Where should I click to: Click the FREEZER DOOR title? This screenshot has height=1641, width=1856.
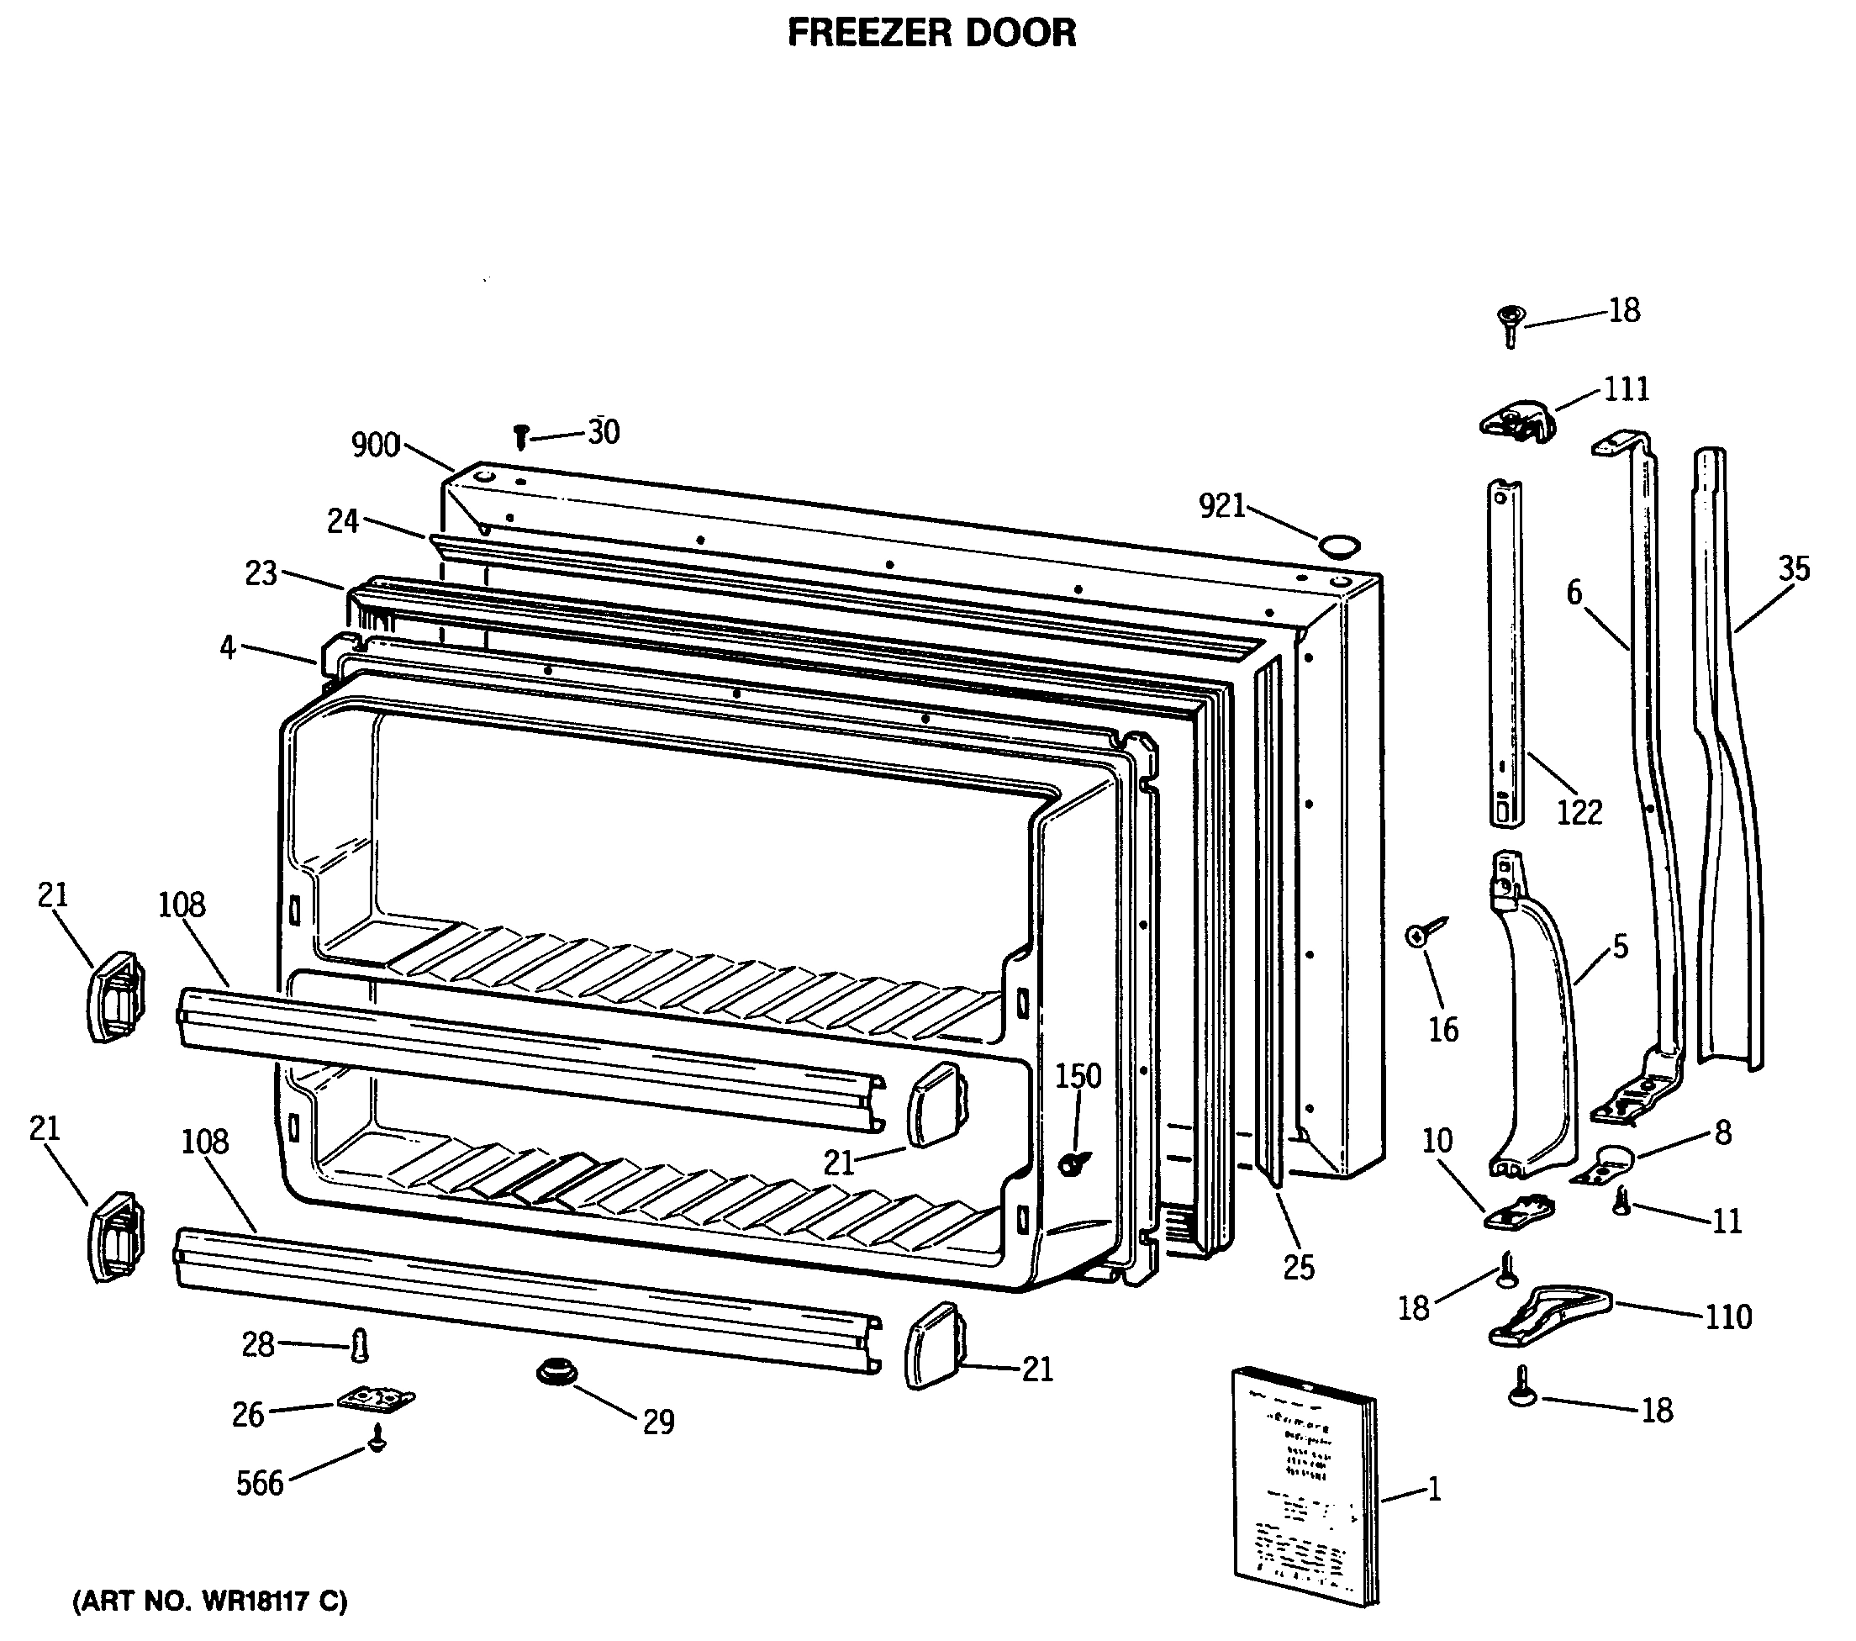coord(931,34)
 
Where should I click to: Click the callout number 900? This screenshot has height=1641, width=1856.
coord(375,445)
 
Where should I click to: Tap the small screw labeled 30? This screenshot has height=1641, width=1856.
coord(521,437)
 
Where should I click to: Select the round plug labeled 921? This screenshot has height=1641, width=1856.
coord(1340,546)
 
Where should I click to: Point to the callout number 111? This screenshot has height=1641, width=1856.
coord(1626,389)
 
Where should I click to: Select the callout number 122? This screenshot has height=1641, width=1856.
coord(1580,812)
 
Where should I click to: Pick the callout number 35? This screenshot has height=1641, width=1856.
coord(1793,569)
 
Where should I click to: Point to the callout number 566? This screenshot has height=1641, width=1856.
coord(260,1484)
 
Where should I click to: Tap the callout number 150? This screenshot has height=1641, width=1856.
coord(1078,1076)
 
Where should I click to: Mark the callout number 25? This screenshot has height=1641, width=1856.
coord(1299,1267)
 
